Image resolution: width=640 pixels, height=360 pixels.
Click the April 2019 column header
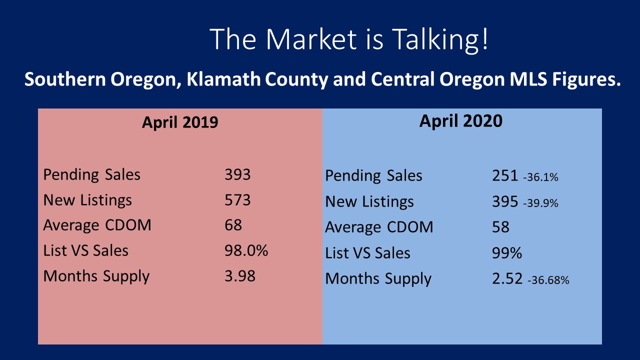point(180,122)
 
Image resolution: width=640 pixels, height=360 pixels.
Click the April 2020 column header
point(461,121)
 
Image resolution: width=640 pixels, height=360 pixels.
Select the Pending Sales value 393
point(237,174)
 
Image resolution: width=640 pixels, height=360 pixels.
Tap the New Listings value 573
point(237,199)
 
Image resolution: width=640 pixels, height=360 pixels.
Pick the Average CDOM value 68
point(233,225)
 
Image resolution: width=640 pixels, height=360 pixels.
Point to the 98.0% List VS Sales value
point(246,250)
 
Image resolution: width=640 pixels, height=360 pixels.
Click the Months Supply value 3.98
point(240,275)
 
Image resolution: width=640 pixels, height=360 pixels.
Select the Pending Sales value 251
point(505,175)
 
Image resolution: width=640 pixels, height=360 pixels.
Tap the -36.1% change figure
point(540,177)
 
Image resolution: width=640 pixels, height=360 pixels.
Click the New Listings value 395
point(505,201)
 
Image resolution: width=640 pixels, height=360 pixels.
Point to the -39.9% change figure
point(540,203)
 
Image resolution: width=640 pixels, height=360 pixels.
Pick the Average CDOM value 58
point(500,227)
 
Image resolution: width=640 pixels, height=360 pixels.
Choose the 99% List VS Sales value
point(507,253)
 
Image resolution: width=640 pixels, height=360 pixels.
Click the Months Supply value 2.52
point(507,278)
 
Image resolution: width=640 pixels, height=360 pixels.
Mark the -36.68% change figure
point(548,280)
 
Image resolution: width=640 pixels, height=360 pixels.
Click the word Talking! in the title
point(440,39)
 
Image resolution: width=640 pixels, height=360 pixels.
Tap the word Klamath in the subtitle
point(223,79)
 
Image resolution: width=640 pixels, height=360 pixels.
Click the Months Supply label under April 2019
point(96,276)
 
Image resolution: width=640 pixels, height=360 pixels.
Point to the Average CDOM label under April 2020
point(379,227)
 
